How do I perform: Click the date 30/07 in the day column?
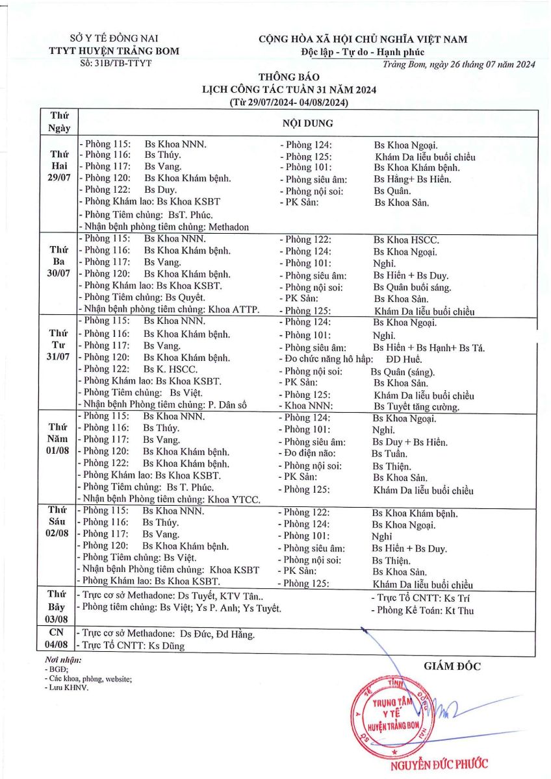(x=59, y=273)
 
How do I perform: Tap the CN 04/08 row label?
(x=59, y=640)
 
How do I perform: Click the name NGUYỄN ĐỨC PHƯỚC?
(x=439, y=764)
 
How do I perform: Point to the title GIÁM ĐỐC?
(x=452, y=665)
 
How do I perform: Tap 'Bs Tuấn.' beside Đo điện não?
(x=390, y=454)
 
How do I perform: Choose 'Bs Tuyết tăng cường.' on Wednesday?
(x=416, y=407)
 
